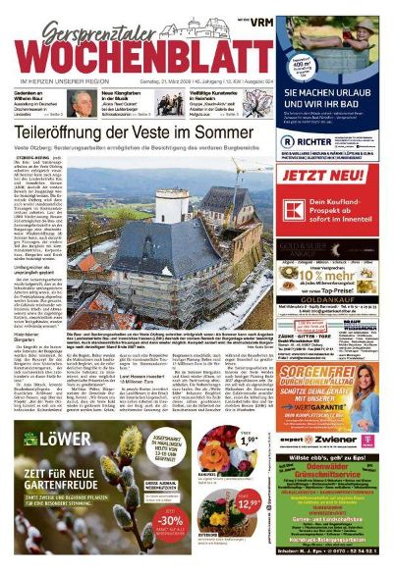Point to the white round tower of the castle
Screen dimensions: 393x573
pyautogui.click(x=167, y=205)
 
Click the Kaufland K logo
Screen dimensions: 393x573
pyautogui.click(x=303, y=210)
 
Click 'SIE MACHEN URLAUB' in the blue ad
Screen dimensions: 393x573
pyautogui.click(x=332, y=96)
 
